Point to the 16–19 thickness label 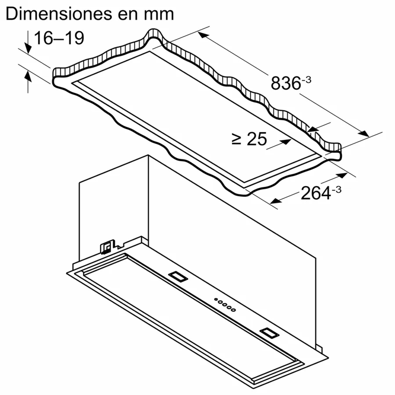(x=59, y=38)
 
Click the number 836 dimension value (x=285, y=83)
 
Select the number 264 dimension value (x=316, y=193)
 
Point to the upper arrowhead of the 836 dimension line (x=203, y=35)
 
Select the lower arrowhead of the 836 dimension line (x=364, y=134)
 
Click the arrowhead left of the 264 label (x=275, y=201)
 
